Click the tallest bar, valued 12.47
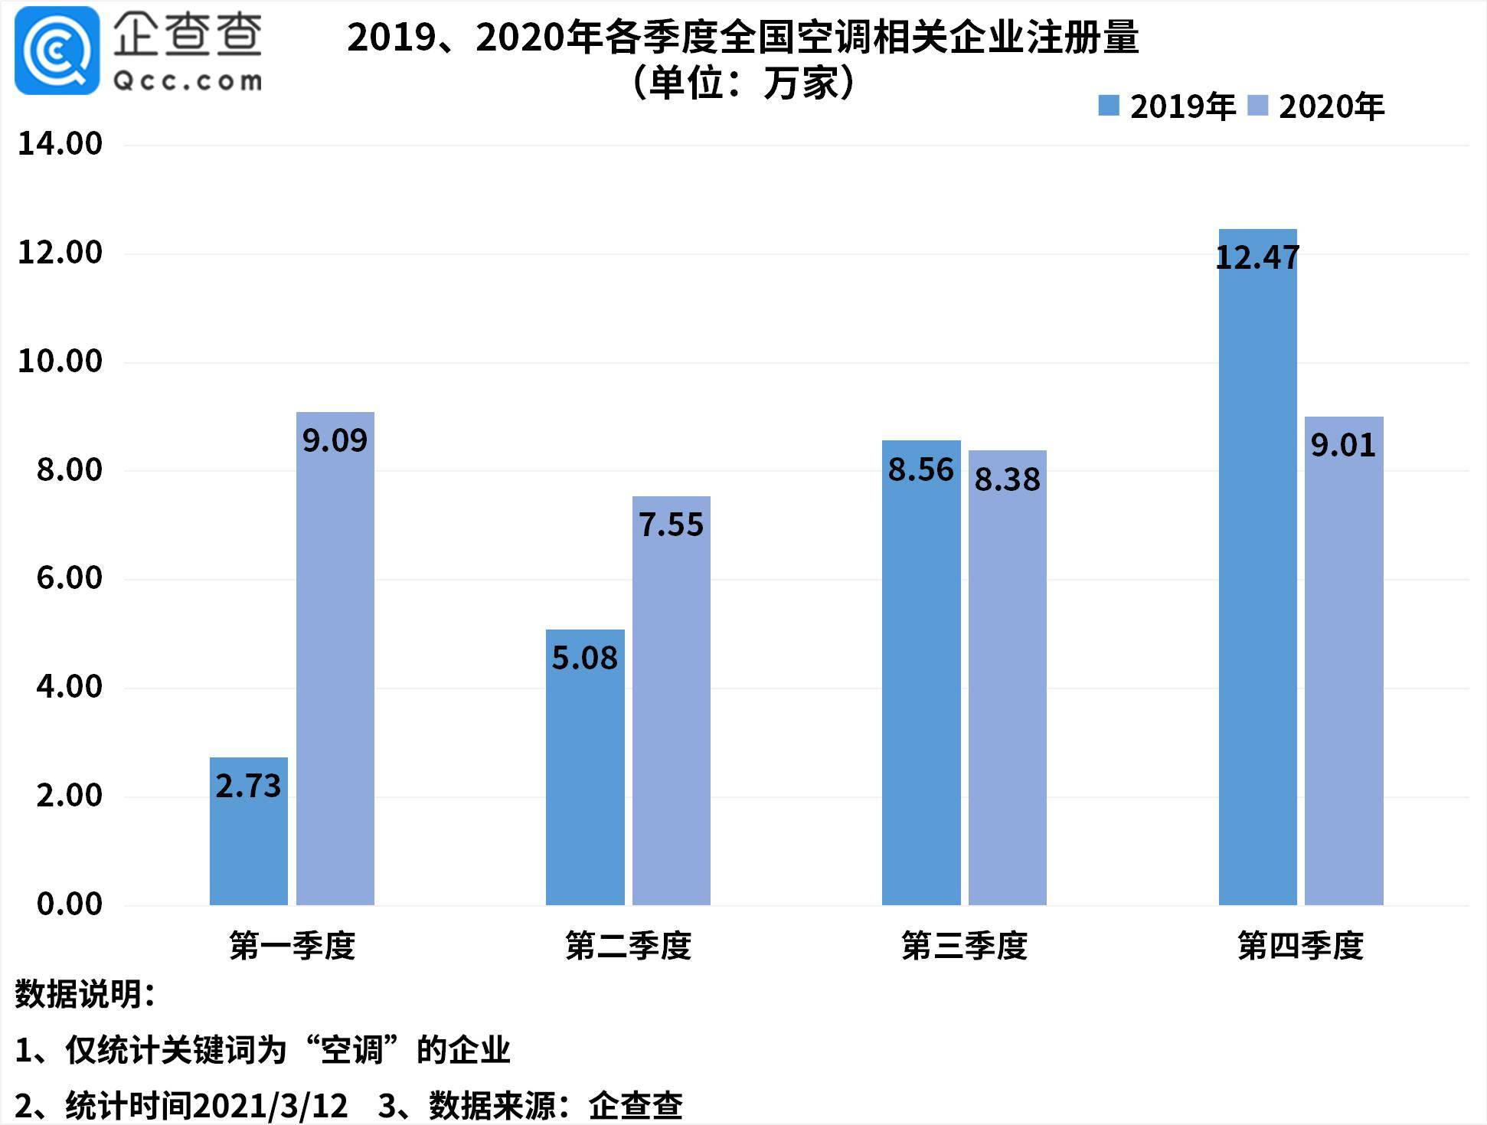pos(1257,567)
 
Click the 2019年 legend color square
pos(1109,106)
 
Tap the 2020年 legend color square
pos(1258,106)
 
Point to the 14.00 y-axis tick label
pos(60,144)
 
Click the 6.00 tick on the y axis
pos(69,578)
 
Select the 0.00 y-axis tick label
pos(69,904)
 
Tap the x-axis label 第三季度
pos(964,947)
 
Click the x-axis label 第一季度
pos(292,947)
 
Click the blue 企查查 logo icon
pos(57,51)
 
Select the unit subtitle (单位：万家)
pos(743,83)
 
